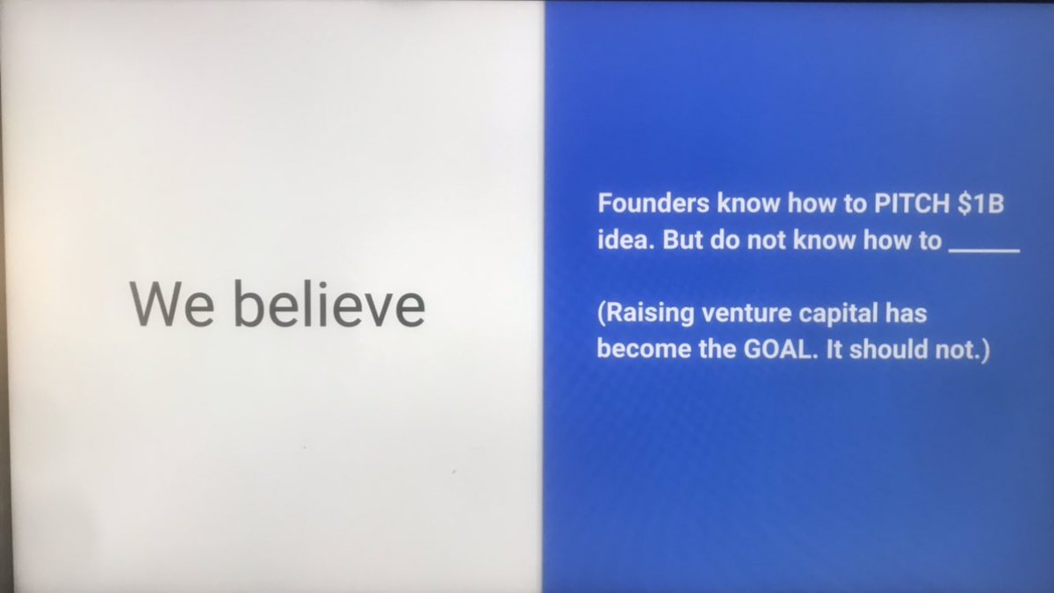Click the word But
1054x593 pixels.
[x=681, y=241]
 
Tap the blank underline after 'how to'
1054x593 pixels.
[x=984, y=249]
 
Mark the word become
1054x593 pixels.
[x=634, y=350]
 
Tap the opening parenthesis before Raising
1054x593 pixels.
[x=602, y=314]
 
